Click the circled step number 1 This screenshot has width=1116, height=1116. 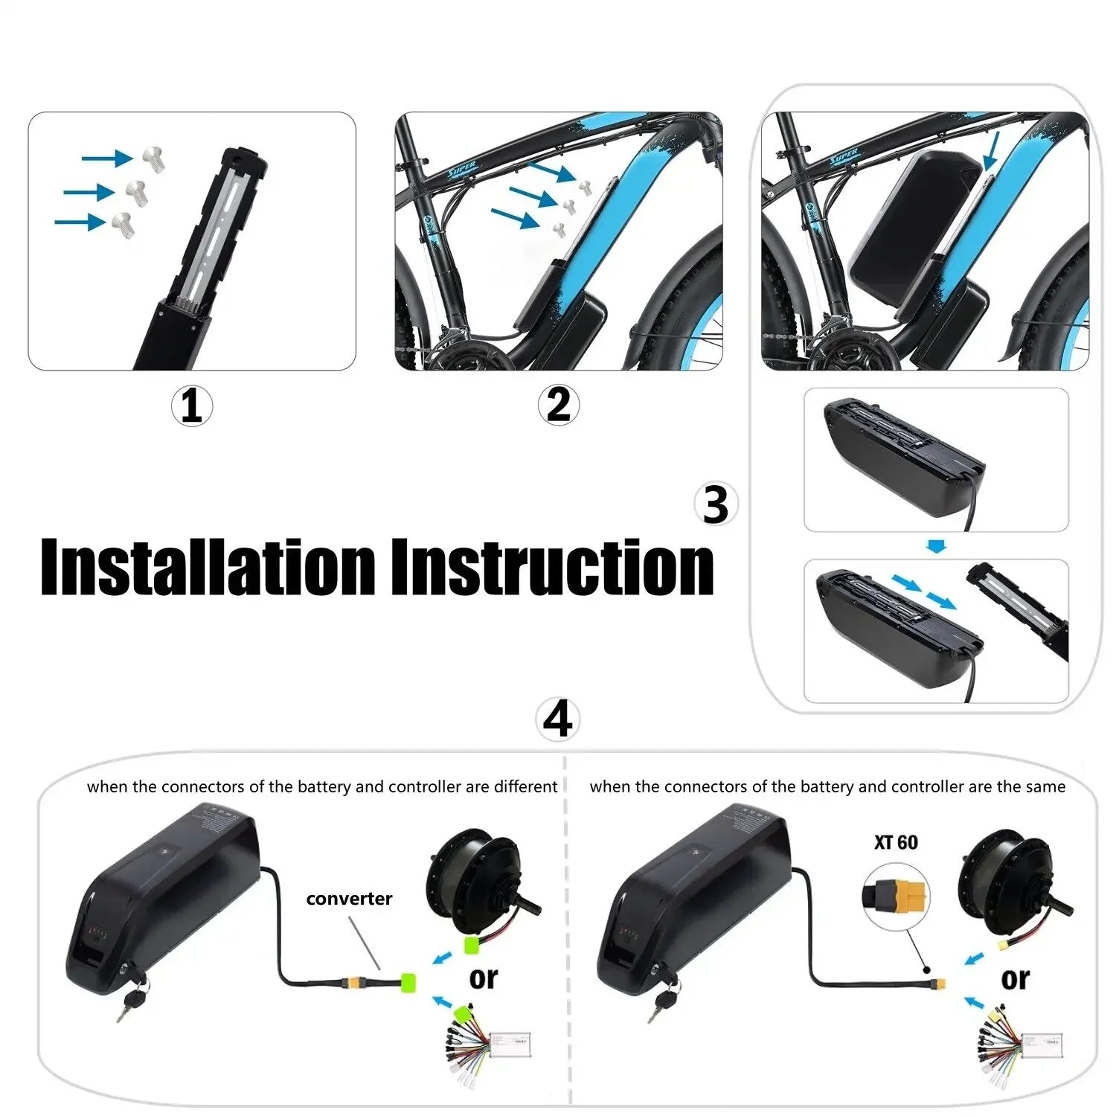tap(191, 406)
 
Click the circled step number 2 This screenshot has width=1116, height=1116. tap(558, 405)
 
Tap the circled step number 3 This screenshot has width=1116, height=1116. tap(716, 504)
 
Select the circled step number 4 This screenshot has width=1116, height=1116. tap(557, 719)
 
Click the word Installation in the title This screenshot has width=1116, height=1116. tap(208, 567)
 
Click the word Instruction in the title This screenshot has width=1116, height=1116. tap(553, 567)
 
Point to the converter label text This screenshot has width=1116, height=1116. tap(349, 899)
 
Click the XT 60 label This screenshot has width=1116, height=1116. tap(896, 842)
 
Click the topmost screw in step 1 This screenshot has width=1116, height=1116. tap(155, 158)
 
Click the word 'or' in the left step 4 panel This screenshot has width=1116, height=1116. tap(483, 978)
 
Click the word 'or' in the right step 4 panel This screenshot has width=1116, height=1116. tap(1015, 978)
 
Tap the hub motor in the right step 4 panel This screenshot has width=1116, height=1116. tap(1008, 882)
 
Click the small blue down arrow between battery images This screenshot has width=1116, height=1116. tap(937, 547)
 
